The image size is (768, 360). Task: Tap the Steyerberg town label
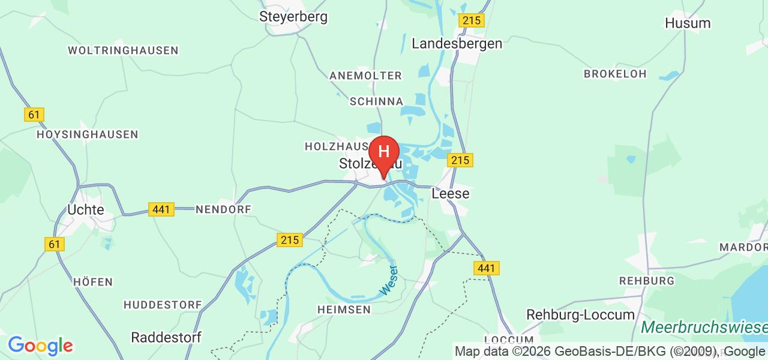click(x=293, y=16)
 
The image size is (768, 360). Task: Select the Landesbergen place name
click(x=457, y=43)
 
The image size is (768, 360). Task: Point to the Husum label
click(x=688, y=23)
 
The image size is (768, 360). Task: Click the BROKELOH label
click(x=615, y=74)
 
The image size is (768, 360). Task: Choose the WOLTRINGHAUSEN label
click(x=123, y=50)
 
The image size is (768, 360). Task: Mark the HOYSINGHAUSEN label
click(x=88, y=134)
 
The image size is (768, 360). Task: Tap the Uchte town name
click(x=86, y=210)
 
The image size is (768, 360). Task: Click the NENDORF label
click(x=223, y=209)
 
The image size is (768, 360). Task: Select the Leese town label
click(x=451, y=194)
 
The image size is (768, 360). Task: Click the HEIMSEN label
click(x=343, y=309)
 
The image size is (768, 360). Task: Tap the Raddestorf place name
click(x=166, y=337)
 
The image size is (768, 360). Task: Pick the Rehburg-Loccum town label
click(x=580, y=315)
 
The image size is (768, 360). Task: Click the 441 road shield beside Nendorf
click(x=161, y=209)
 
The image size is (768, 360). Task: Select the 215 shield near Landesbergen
click(x=471, y=20)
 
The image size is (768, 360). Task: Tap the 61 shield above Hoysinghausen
click(x=34, y=114)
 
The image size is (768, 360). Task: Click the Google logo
click(x=40, y=346)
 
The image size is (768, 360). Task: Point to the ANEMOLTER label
click(x=365, y=76)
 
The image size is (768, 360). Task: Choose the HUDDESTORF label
click(x=163, y=305)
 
